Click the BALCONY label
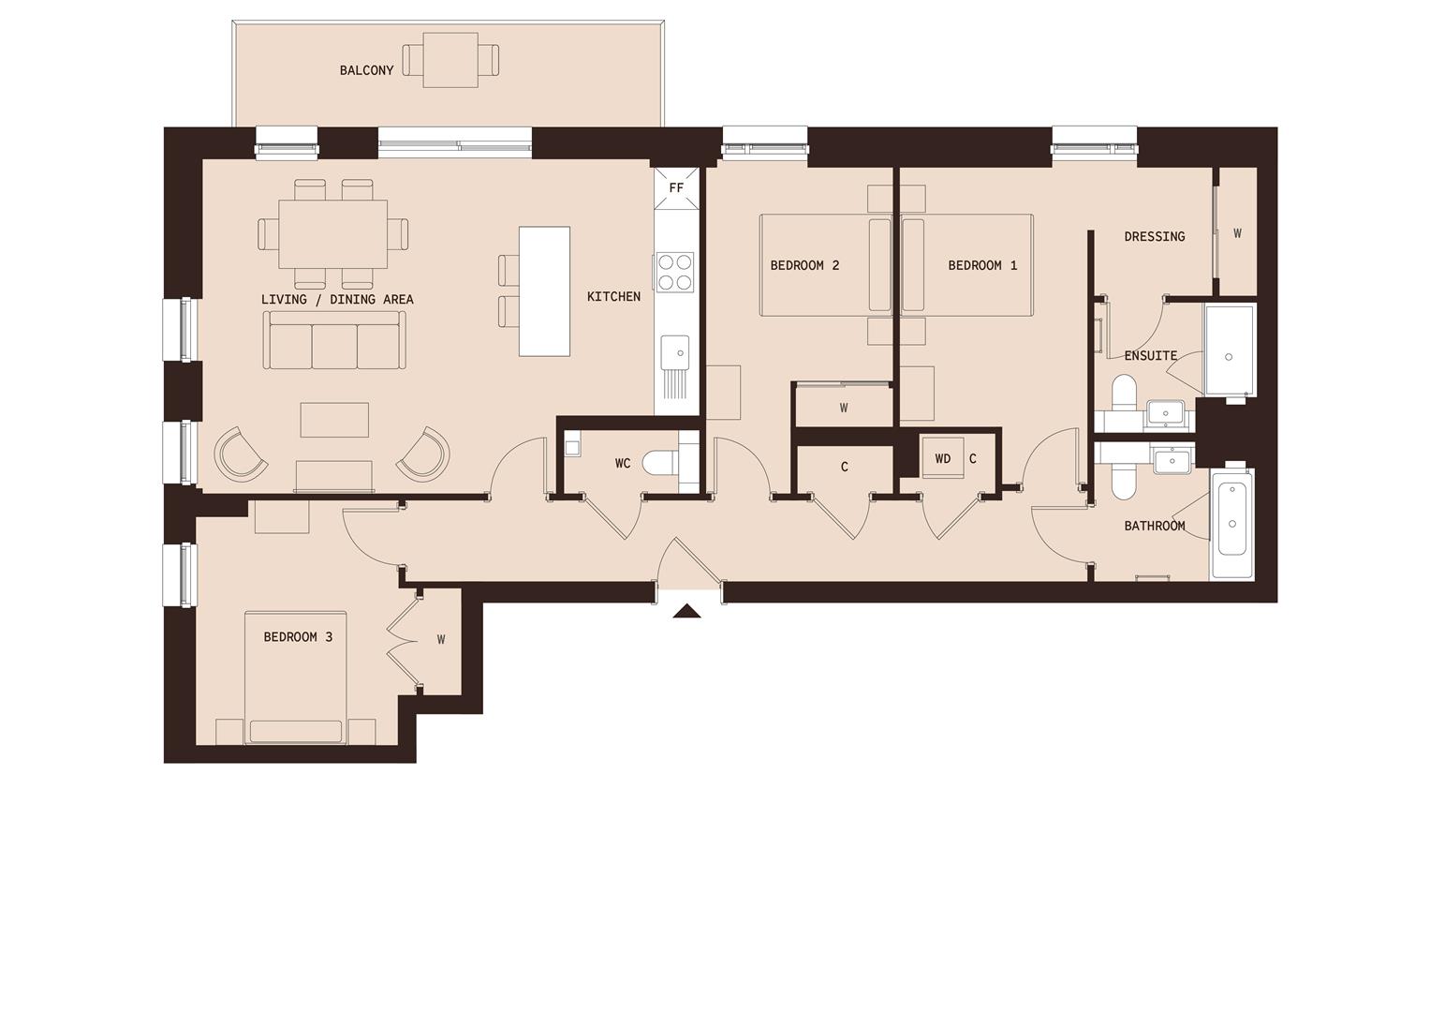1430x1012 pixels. [366, 70]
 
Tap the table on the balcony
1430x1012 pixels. [450, 61]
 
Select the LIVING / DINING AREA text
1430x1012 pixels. [337, 299]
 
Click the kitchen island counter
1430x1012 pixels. [544, 290]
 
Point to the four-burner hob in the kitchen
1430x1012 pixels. [674, 272]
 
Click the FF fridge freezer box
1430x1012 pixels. [676, 187]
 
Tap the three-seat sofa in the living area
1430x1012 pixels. [334, 341]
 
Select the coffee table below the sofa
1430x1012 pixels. [334, 420]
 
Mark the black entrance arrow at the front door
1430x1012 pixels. [687, 612]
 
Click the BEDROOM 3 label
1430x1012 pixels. [298, 637]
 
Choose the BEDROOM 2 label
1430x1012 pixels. [804, 265]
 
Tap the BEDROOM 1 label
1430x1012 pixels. [982, 265]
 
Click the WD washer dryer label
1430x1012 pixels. [942, 458]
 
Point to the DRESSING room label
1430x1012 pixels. [1154, 236]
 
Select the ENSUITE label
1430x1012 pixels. [1150, 355]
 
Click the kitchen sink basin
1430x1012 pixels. [674, 353]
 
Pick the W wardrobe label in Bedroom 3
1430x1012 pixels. [440, 640]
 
